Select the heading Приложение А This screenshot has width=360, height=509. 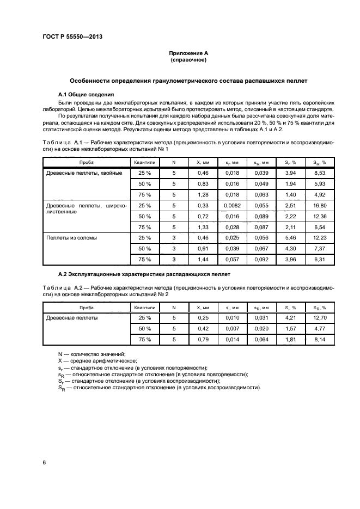(x=188, y=53)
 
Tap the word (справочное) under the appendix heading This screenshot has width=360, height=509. (x=188, y=60)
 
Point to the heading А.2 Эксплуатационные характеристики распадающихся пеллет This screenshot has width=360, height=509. (x=144, y=274)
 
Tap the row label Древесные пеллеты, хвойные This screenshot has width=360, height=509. (x=83, y=173)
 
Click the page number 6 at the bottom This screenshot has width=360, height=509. (x=44, y=463)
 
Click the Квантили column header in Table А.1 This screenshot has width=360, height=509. (x=144, y=162)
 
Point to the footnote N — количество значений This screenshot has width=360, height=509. (x=91, y=354)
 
